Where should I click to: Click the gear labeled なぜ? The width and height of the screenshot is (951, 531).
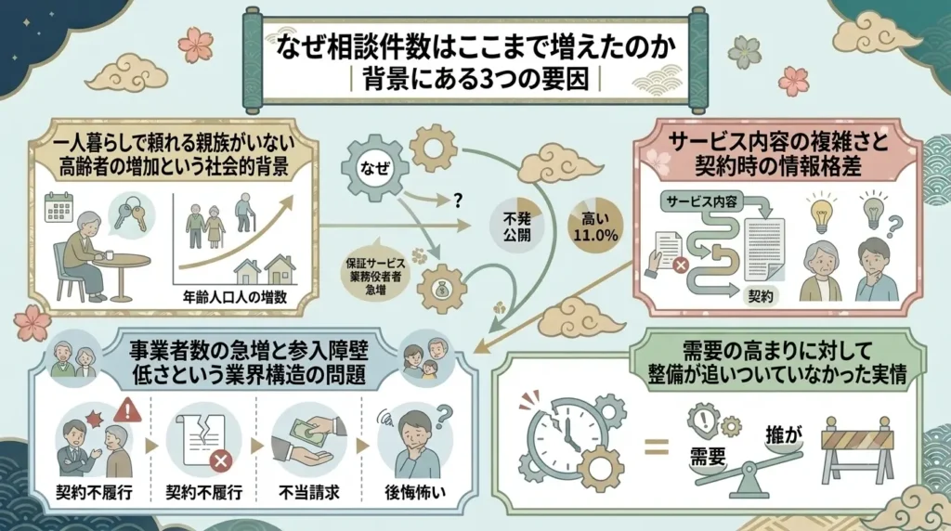point(373,167)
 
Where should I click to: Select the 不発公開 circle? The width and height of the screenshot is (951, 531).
point(516,225)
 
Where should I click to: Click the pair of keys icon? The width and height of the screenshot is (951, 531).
point(132,214)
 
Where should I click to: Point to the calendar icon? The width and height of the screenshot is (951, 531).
point(59,208)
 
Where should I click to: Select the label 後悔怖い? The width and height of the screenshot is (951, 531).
point(415,491)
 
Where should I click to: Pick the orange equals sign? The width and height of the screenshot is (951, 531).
point(657,447)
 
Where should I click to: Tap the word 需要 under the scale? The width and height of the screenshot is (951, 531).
point(709,456)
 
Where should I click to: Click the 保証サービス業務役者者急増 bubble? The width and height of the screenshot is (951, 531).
point(375,275)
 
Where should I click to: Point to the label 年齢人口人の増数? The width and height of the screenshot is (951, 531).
point(235,297)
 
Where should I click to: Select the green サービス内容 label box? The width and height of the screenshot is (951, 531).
point(702,201)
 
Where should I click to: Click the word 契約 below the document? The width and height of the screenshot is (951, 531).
point(760,295)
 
